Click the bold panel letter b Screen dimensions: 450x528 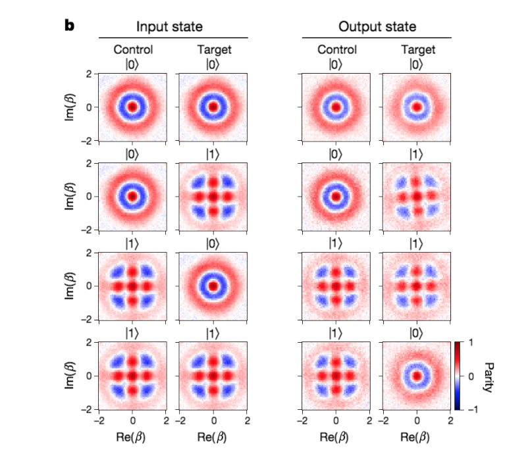(x=69, y=26)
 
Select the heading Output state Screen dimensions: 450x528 (x=377, y=28)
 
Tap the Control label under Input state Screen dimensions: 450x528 (x=133, y=49)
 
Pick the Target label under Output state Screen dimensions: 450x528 (x=417, y=49)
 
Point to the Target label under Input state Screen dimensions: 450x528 (x=213, y=49)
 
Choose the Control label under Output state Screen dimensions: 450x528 (x=336, y=49)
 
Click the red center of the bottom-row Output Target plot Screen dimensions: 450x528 (x=417, y=376)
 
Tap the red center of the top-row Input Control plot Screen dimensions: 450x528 (x=132, y=106)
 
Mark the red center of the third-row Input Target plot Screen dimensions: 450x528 (x=213, y=286)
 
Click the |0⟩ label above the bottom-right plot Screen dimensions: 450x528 (x=417, y=333)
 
